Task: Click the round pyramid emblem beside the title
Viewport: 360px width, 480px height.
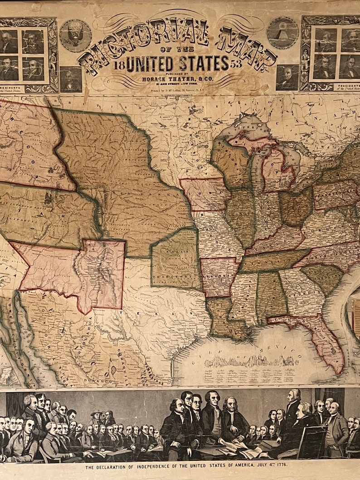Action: [x=282, y=33]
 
